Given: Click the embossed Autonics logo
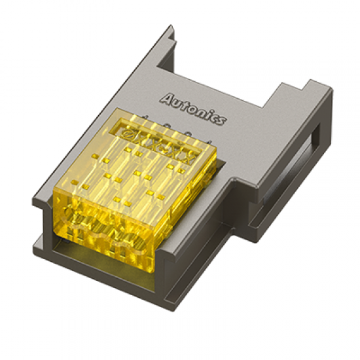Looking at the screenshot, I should pyautogui.click(x=194, y=109).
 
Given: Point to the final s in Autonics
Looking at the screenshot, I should pyautogui.click(x=223, y=120).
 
